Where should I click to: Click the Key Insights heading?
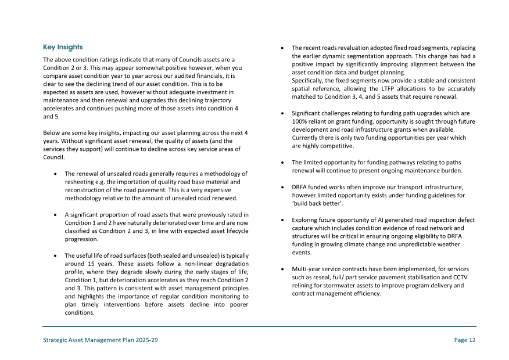[x=63, y=47]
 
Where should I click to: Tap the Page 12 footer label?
[x=464, y=340]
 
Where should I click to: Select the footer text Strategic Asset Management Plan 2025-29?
[x=100, y=340]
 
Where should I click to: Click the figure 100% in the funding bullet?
[x=299, y=121]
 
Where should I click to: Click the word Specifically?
[x=309, y=80]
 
